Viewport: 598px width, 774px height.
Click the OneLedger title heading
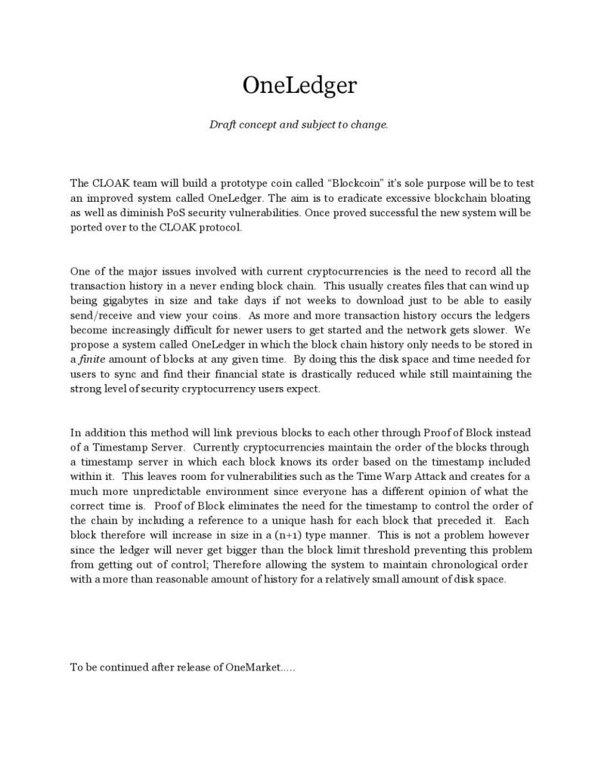(299, 85)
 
